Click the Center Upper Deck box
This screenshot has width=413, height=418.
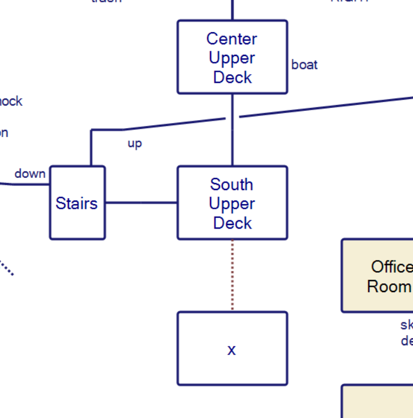[x=232, y=57]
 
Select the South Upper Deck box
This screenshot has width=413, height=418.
[x=232, y=203]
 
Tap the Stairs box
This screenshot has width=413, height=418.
[x=77, y=203]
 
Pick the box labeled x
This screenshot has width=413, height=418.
[x=232, y=349]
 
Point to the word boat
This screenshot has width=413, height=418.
[x=304, y=65]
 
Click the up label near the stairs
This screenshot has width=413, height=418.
[x=135, y=143]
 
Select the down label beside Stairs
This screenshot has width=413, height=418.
[x=30, y=174]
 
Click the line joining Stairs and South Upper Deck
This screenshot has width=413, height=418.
[x=141, y=203]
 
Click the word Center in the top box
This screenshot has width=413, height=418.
[x=232, y=39]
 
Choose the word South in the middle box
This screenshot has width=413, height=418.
[x=232, y=185]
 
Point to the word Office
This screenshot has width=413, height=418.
[x=391, y=267]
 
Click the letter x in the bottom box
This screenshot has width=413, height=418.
[x=232, y=350]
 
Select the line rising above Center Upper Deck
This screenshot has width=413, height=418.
[x=232, y=10]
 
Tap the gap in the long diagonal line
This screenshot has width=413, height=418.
[x=232, y=117]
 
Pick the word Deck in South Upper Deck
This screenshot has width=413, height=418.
[x=232, y=223]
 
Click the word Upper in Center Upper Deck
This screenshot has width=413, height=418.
[x=232, y=58]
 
